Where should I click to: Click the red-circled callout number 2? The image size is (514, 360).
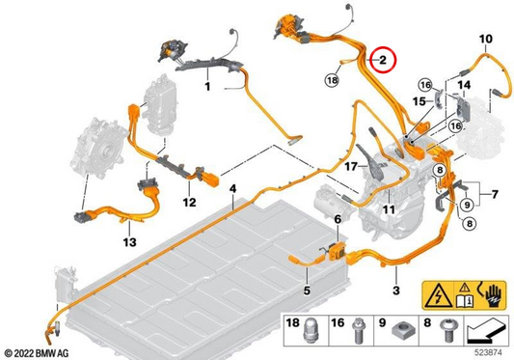pos(383,60)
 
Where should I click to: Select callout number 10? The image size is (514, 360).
pos(485,39)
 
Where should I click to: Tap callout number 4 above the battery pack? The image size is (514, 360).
pos(232,189)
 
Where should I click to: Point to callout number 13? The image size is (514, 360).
pos(129,242)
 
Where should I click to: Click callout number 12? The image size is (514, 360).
pos(189,202)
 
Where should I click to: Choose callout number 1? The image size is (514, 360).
pos(207,87)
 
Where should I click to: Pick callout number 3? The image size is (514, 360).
pos(396,291)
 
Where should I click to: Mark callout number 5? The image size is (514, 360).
pos(307,291)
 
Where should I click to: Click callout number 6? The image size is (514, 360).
pos(338,219)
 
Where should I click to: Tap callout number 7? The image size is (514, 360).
pos(495,194)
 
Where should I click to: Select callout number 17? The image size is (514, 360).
pos(351,167)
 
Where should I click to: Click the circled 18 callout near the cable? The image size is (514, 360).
pos(332,80)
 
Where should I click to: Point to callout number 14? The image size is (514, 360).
pos(464,85)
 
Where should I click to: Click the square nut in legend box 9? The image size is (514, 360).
pos(401,333)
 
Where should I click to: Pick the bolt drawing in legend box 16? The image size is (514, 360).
pos(357,332)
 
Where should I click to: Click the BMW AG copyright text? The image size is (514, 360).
pos(37,353)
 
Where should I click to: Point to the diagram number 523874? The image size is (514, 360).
pos(488,353)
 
